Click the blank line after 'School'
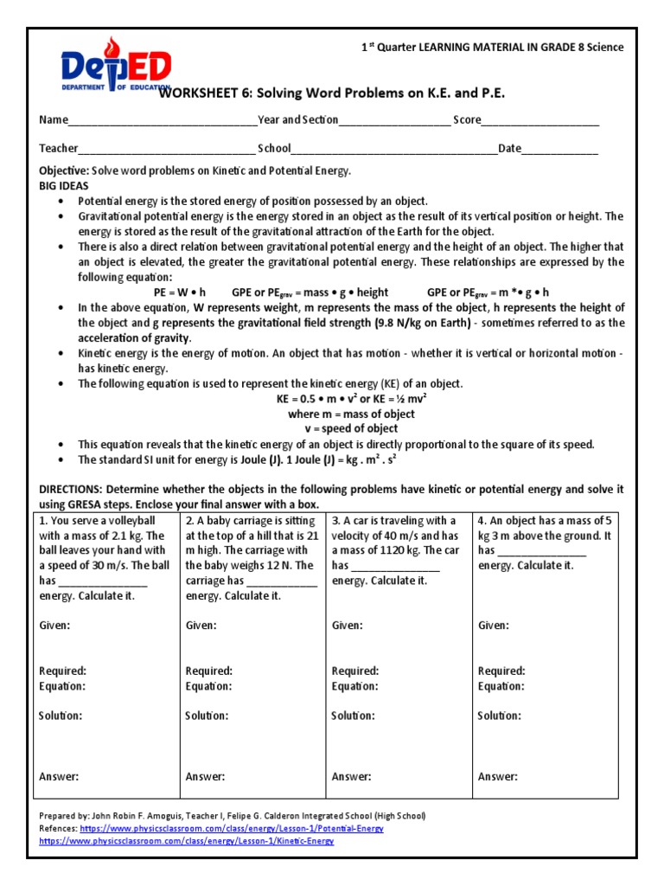point(394,149)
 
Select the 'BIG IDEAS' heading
point(63,185)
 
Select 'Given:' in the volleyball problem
point(54,625)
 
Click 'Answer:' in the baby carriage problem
point(205,777)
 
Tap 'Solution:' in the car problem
point(354,716)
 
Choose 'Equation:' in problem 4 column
point(500,686)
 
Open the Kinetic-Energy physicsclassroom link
point(186,840)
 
